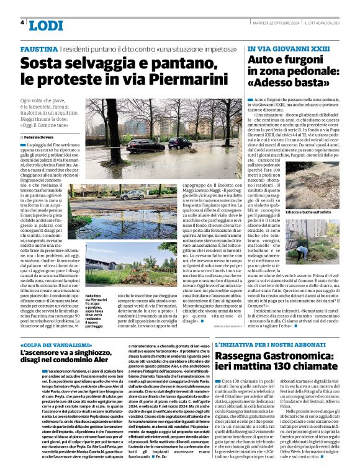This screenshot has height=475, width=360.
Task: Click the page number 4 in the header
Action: point(22,22)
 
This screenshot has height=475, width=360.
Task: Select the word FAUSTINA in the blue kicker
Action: point(40,48)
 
